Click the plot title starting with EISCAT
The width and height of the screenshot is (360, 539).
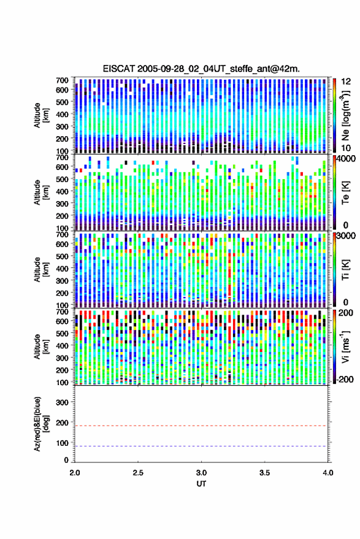point(201,69)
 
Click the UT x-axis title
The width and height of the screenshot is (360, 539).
point(201,484)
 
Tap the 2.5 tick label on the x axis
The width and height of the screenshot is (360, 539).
point(138,473)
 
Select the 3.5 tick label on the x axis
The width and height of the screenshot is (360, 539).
point(264,473)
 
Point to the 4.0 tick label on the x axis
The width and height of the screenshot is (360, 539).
point(327,473)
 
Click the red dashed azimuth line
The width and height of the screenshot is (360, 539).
point(201,426)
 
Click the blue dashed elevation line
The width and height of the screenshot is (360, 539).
point(201,446)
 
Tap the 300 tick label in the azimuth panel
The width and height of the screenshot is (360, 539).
point(62,402)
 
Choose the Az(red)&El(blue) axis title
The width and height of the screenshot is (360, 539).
point(41,424)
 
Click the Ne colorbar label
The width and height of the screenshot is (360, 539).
point(345,115)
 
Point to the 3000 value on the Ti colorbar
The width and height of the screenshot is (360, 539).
point(346,236)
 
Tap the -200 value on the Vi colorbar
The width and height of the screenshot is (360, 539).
point(344,380)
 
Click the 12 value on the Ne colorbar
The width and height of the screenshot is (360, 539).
point(347,82)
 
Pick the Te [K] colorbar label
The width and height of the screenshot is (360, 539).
point(345,193)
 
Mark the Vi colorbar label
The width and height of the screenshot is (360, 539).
point(345,346)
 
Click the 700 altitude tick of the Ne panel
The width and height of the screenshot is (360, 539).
point(62,80)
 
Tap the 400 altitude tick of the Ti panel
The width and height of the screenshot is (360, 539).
point(62,269)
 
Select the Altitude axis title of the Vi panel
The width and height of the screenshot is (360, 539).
point(41,346)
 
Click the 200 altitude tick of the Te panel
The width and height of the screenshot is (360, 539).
point(62,216)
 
